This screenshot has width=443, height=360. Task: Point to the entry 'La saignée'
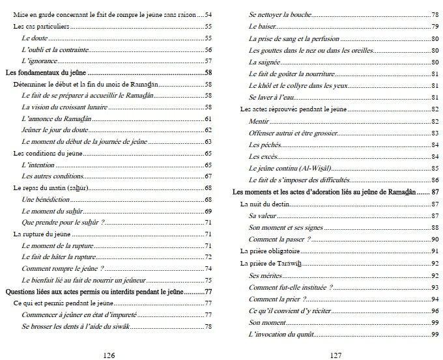[264, 62]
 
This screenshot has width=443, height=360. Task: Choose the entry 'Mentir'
[259, 122]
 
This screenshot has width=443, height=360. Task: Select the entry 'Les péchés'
[263, 145]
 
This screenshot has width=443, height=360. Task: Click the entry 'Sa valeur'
[261, 216]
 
